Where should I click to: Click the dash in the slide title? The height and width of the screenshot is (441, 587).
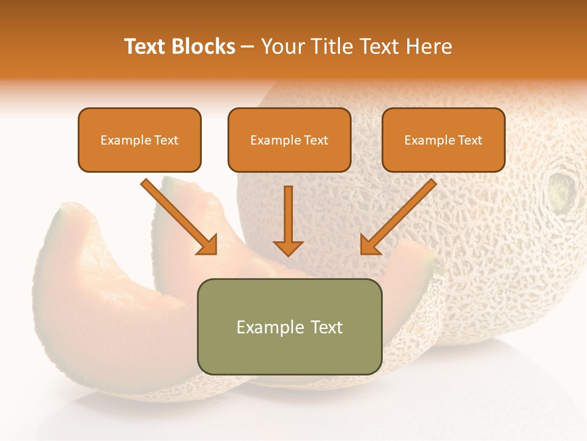tap(248, 47)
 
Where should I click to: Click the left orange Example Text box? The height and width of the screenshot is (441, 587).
tap(139, 140)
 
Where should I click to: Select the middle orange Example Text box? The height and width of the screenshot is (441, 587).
tap(289, 140)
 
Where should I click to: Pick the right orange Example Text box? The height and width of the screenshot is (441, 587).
tap(443, 140)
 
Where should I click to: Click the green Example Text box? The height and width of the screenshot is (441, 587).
tap(289, 326)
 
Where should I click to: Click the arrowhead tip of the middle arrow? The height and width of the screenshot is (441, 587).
tap(288, 253)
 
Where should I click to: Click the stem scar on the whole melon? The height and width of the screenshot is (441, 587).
tap(562, 189)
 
